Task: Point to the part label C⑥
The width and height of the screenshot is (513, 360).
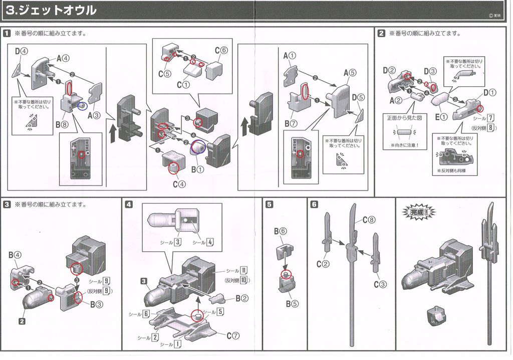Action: [x=221, y=50]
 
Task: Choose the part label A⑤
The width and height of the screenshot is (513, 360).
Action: [x=350, y=73]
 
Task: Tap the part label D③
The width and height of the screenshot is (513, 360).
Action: [x=430, y=72]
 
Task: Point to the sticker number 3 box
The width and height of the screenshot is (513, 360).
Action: [x=177, y=243]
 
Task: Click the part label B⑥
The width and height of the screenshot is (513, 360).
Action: [x=280, y=231]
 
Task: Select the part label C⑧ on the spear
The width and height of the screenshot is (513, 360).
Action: [x=368, y=219]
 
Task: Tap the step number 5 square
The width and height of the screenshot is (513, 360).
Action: [x=270, y=205]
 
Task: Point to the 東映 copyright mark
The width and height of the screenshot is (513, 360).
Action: [x=494, y=15]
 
